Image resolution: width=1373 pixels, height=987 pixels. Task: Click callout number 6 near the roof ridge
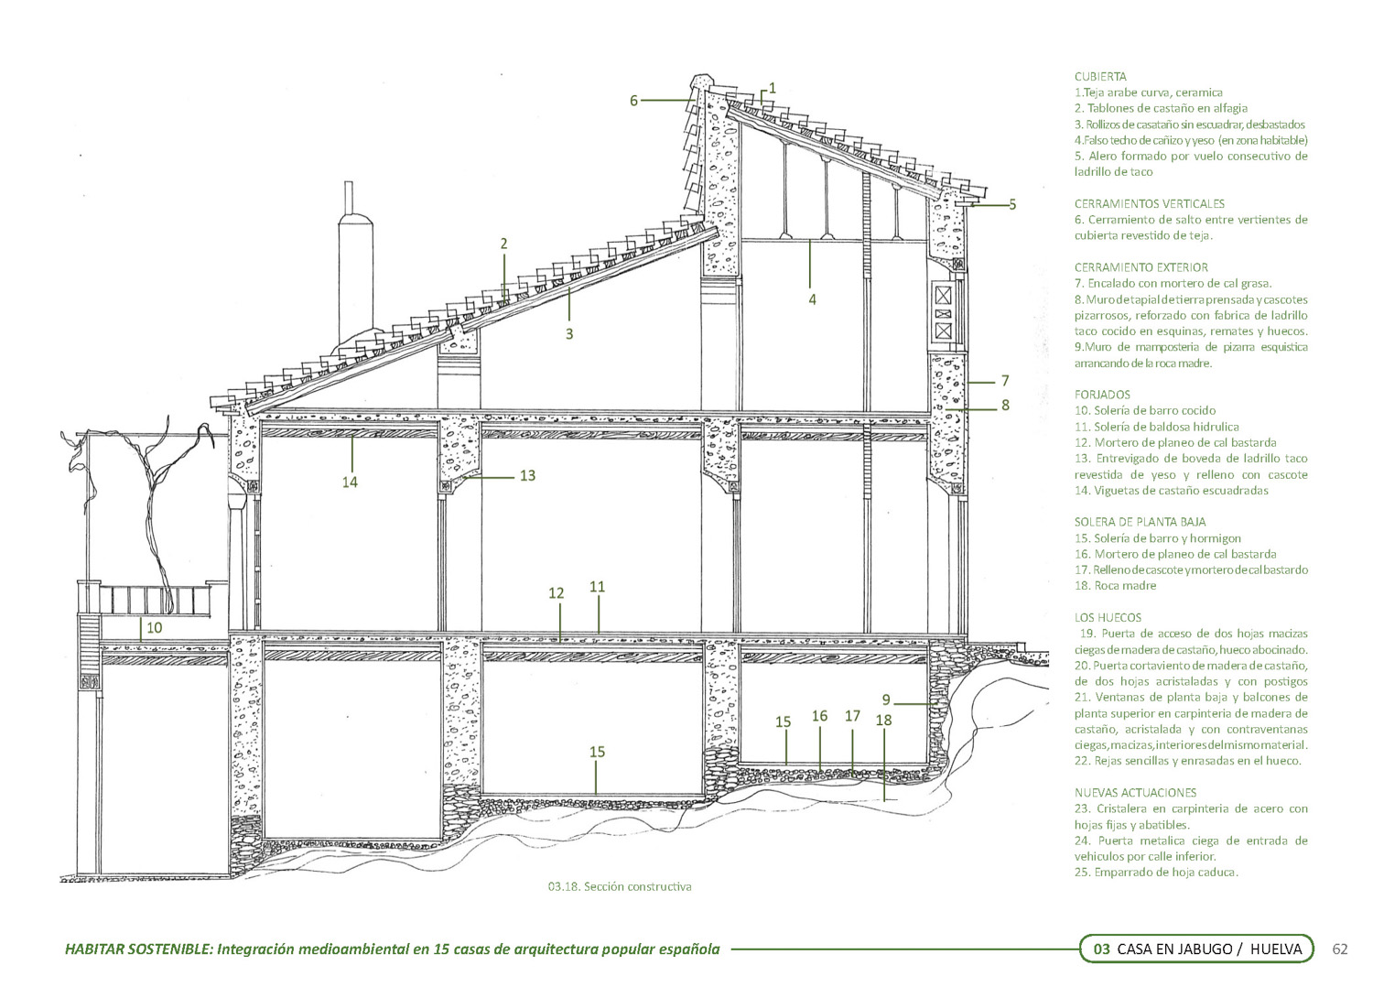[633, 101]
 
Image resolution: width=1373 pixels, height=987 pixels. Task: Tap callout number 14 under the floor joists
[350, 482]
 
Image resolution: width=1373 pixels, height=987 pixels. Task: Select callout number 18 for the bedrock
[883, 721]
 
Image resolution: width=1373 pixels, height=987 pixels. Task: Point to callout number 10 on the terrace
[155, 628]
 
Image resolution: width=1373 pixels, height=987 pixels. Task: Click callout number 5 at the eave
[1012, 205]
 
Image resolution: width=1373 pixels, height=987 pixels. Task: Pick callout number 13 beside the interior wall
[527, 476]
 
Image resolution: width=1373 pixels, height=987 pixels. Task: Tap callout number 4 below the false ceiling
[812, 298]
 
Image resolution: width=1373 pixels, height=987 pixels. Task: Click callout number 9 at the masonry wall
[886, 700]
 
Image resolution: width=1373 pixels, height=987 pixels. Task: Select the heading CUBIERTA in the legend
[1100, 77]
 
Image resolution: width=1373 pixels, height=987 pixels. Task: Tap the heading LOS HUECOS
[1108, 617]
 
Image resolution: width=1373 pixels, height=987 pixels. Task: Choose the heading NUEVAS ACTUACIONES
[1135, 792]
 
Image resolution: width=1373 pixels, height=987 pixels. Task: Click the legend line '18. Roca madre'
[1115, 586]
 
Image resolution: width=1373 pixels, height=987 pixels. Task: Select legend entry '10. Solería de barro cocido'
[1145, 411]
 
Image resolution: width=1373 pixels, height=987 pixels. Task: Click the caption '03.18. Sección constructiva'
[620, 886]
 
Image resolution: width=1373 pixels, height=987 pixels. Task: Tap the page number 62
[1341, 949]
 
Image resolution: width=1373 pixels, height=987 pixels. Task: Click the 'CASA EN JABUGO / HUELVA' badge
[1196, 949]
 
